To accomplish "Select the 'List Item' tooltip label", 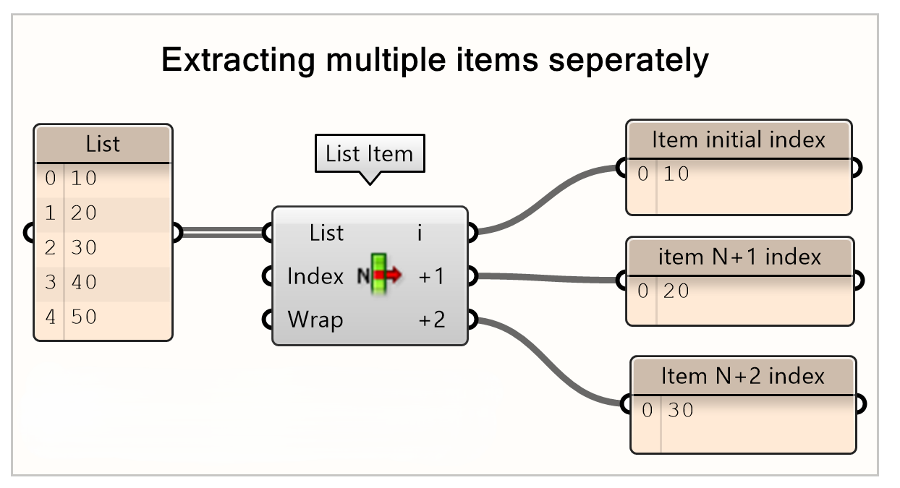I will tap(369, 153).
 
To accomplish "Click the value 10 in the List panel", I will tap(84, 178).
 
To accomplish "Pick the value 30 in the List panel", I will tap(84, 247).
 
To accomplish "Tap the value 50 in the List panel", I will tap(84, 317).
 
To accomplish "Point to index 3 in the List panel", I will tap(50, 282).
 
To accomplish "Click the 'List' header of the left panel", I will tap(103, 144).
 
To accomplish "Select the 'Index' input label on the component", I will tap(315, 276).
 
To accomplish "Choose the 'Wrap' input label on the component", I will tap(315, 319).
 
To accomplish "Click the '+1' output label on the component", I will tap(432, 276).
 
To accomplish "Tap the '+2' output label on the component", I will tap(432, 319).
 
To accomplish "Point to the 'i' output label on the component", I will tap(420, 233).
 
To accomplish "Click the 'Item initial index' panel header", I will tap(738, 140).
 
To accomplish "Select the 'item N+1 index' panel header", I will tap(739, 257).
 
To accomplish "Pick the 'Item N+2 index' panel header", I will tap(742, 376).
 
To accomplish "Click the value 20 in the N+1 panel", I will tap(676, 291).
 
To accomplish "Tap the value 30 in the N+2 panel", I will tap(680, 411).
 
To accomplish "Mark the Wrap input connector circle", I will tap(268, 319).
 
